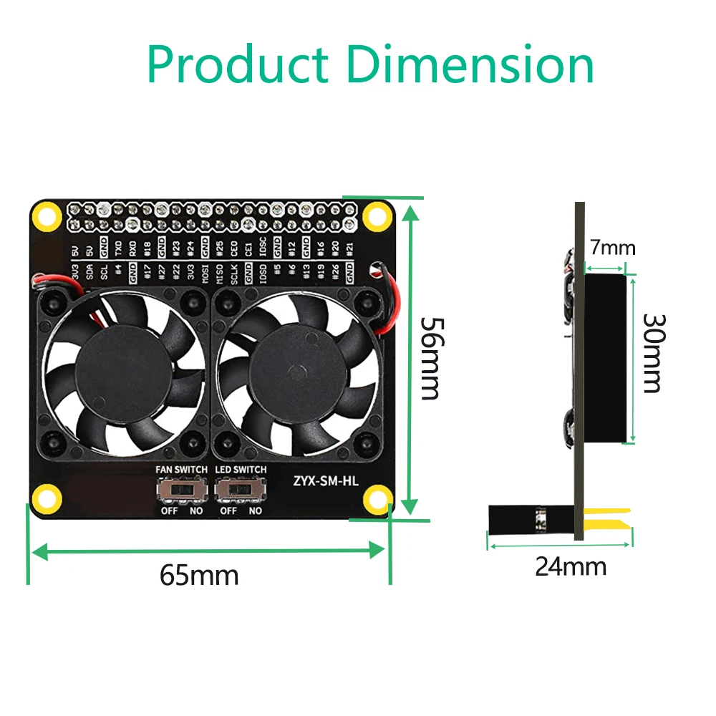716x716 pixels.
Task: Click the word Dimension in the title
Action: pos(470,64)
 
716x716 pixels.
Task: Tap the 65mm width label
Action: pos(199,575)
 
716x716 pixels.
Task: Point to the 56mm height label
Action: pos(431,358)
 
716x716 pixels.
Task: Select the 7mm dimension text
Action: pos(612,248)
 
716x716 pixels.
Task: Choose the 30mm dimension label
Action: pos(652,353)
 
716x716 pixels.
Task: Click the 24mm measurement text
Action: pos(571,566)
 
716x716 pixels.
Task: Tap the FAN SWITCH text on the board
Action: pos(182,470)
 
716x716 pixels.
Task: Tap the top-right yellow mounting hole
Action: pos(374,216)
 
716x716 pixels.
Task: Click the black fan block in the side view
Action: pos(609,358)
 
